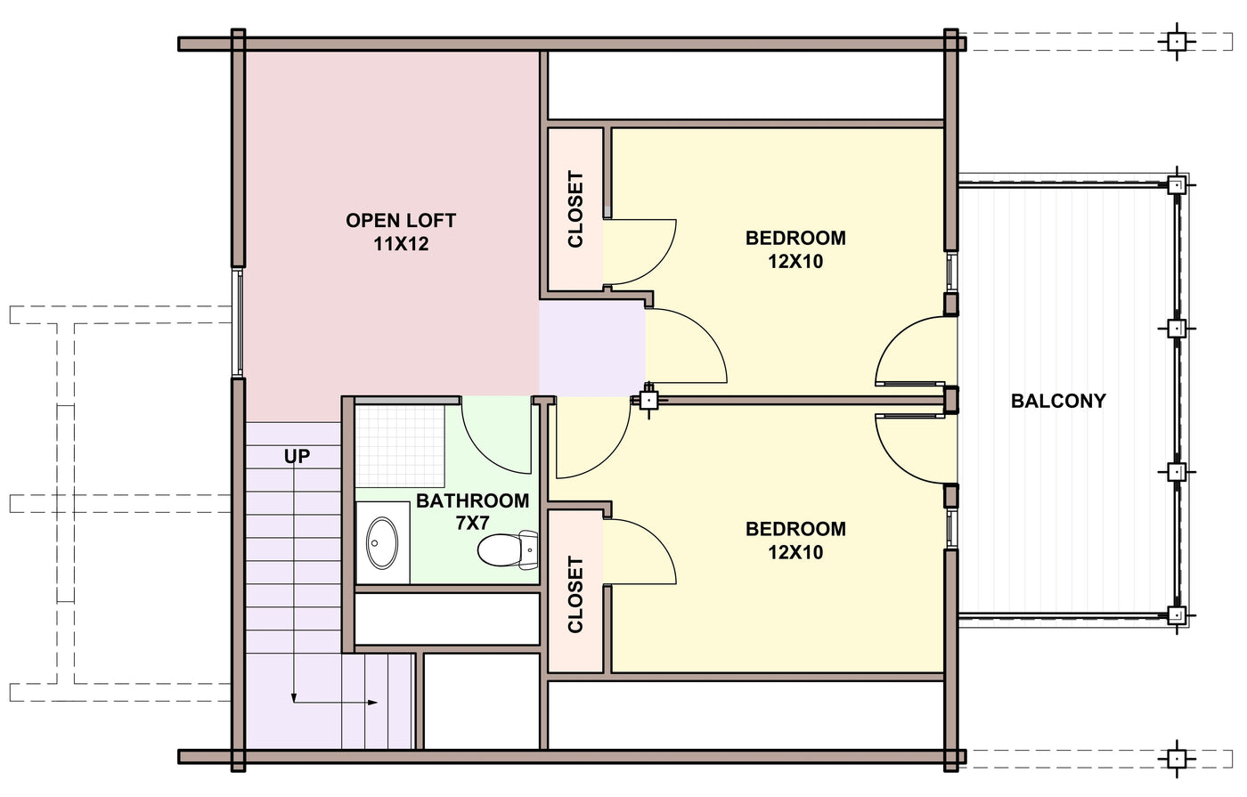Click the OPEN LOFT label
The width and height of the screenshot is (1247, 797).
(x=401, y=221)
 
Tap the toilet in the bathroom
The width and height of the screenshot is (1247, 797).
(x=508, y=550)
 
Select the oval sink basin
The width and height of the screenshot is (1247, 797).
(x=382, y=543)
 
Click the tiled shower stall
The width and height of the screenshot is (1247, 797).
(x=400, y=445)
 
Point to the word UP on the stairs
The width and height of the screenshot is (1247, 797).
(x=297, y=456)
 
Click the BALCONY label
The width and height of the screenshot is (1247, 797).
(x=1058, y=401)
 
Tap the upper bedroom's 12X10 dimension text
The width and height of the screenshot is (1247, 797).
(x=795, y=261)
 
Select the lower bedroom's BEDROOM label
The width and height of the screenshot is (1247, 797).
(x=795, y=529)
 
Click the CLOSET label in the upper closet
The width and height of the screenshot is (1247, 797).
(x=575, y=208)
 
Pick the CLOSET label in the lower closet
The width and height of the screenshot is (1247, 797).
(x=575, y=595)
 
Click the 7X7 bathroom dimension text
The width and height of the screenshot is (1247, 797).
(x=472, y=524)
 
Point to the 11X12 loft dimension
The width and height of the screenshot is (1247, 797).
(x=401, y=244)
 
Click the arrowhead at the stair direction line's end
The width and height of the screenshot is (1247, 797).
(x=372, y=703)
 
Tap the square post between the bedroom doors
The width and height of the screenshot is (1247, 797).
(x=649, y=400)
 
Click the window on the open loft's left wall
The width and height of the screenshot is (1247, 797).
(x=238, y=322)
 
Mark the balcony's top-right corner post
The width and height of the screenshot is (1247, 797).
(x=1177, y=185)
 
